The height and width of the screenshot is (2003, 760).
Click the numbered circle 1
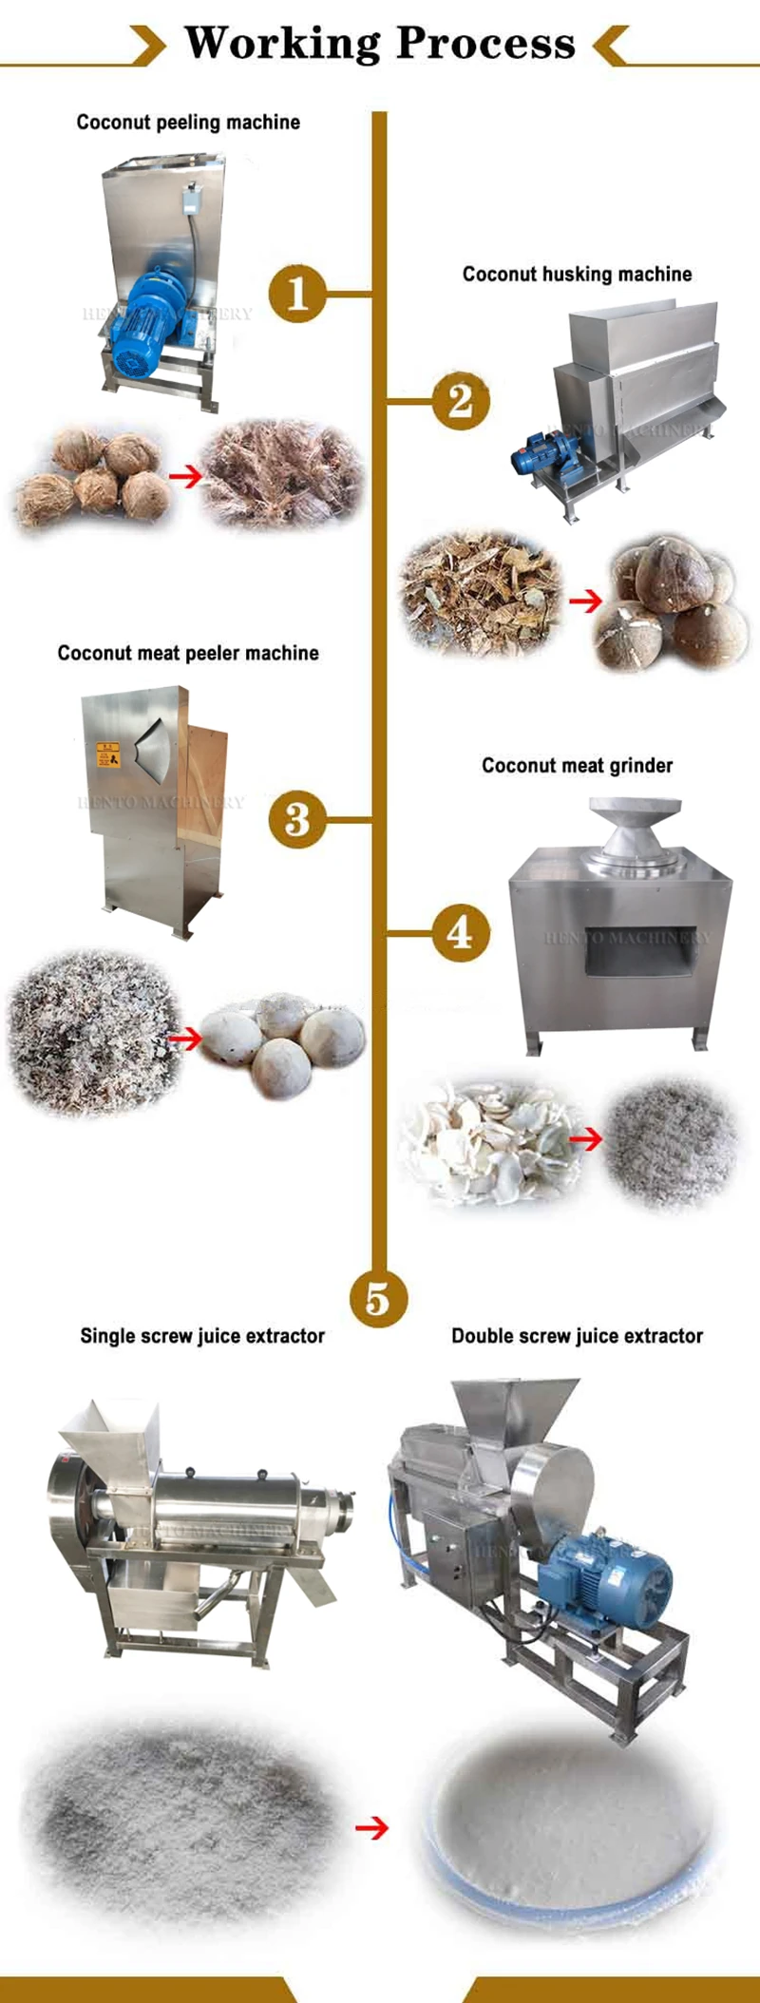point(297,293)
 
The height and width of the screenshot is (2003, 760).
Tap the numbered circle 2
point(461,400)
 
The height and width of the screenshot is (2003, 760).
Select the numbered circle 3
point(297,819)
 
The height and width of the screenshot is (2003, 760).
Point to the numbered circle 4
point(461,932)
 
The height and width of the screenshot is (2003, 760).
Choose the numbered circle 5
point(377,1299)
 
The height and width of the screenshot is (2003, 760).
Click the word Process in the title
point(485,43)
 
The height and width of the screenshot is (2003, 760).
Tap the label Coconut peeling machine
point(188,123)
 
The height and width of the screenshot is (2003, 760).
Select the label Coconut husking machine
point(577,275)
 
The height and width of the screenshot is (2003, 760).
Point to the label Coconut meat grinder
point(577,766)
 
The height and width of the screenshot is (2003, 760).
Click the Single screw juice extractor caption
point(202,1336)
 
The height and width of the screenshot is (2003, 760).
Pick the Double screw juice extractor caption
point(577,1336)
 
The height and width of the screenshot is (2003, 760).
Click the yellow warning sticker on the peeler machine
point(108,755)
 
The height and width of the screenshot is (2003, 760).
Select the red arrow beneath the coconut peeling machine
point(186,476)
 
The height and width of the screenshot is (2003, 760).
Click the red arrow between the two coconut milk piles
point(371,1827)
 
